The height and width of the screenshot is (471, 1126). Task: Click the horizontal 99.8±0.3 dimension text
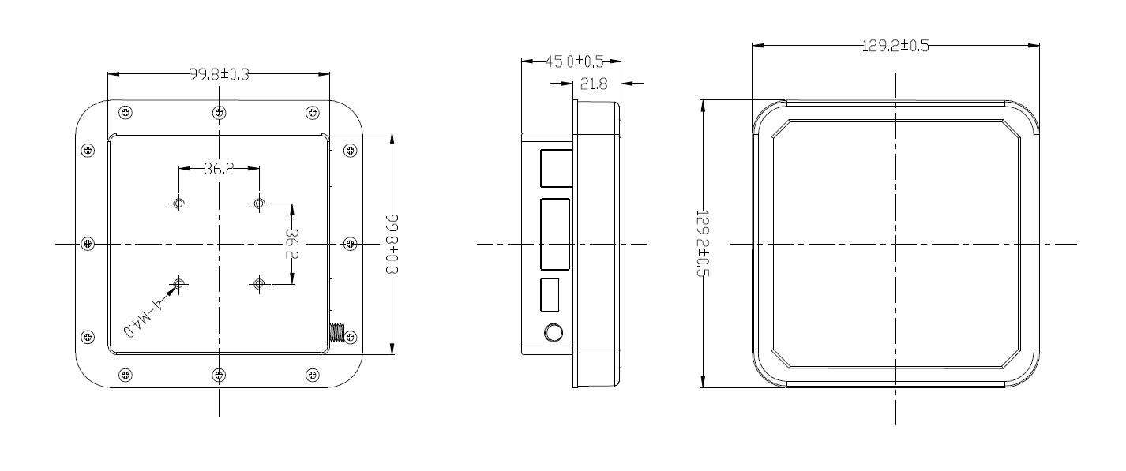[x=219, y=74]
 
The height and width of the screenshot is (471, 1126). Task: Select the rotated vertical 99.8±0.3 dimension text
[x=392, y=244]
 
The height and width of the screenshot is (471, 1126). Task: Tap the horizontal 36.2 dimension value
[x=219, y=168]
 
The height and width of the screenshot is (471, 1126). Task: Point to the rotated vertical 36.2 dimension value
[x=292, y=244]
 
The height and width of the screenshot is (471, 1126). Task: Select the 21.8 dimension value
[x=594, y=84]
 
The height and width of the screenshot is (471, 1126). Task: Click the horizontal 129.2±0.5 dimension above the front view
[x=895, y=46]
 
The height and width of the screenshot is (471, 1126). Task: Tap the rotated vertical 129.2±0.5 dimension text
[x=702, y=244]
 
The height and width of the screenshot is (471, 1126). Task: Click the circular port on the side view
[x=554, y=333]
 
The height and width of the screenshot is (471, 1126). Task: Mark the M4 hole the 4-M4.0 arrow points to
[x=179, y=283]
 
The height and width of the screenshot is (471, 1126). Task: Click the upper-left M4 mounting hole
[x=179, y=204]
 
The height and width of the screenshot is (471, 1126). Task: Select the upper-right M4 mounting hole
[x=259, y=204]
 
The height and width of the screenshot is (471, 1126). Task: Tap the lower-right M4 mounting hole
[x=259, y=283]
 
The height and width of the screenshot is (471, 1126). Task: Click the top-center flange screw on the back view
[x=219, y=113]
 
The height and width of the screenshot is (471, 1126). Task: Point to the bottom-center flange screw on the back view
[x=219, y=374]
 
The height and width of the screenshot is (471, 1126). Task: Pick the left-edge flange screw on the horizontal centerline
[x=88, y=243]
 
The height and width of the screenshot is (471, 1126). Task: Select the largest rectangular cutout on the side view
[x=555, y=233]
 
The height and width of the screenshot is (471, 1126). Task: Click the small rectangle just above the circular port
[x=550, y=294]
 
